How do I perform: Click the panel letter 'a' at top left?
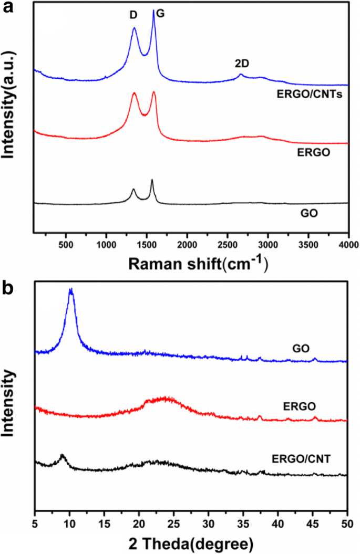[6, 7]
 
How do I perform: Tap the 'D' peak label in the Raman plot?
[133, 16]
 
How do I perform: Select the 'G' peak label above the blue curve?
[161, 14]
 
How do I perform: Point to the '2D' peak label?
[242, 64]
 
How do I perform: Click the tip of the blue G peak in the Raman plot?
[153, 11]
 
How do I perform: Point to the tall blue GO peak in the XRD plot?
[70, 290]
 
